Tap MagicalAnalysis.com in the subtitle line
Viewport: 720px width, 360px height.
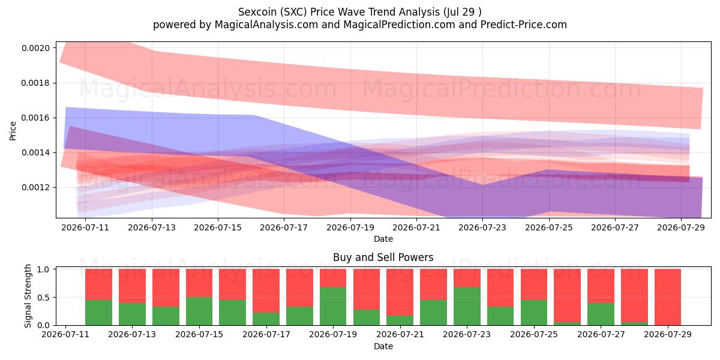tap(266, 25)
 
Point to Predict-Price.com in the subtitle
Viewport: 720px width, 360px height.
tap(524, 25)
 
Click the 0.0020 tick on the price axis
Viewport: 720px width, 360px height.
tap(35, 48)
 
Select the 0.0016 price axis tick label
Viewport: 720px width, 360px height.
tap(35, 118)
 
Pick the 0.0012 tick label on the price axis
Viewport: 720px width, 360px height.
tap(35, 187)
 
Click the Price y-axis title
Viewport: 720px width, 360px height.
tap(13, 131)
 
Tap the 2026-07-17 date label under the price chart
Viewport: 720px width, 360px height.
tap(284, 227)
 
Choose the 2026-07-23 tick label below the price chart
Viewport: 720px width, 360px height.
tap(482, 227)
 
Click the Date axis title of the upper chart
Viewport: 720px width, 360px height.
tap(383, 239)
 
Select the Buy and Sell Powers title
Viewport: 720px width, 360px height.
tap(383, 257)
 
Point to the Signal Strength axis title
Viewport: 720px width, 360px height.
tap(28, 296)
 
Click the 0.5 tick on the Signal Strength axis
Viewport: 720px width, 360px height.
tap(43, 298)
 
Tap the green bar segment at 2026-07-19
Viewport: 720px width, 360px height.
tap(333, 307)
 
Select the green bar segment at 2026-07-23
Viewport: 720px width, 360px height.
tap(467, 307)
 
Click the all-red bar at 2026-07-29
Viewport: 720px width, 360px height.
tap(668, 297)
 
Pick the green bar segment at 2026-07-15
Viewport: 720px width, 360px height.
tap(199, 311)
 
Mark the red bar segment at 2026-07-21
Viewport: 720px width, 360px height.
tap(400, 292)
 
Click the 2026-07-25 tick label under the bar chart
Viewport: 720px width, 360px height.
tap(534, 334)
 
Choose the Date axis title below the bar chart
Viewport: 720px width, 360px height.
tap(383, 346)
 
